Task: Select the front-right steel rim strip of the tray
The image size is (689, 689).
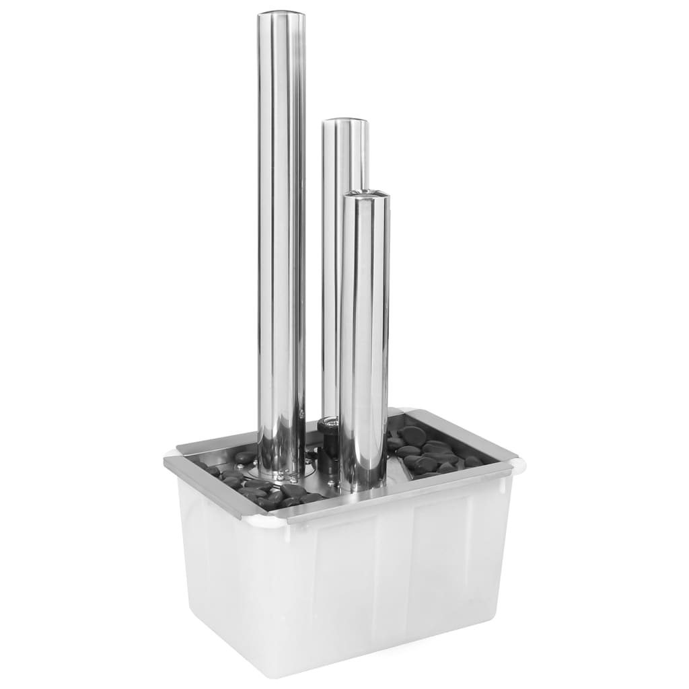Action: (404, 495)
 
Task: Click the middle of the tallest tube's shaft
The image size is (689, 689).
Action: (281, 242)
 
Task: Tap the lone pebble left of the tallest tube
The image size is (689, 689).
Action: (244, 458)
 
